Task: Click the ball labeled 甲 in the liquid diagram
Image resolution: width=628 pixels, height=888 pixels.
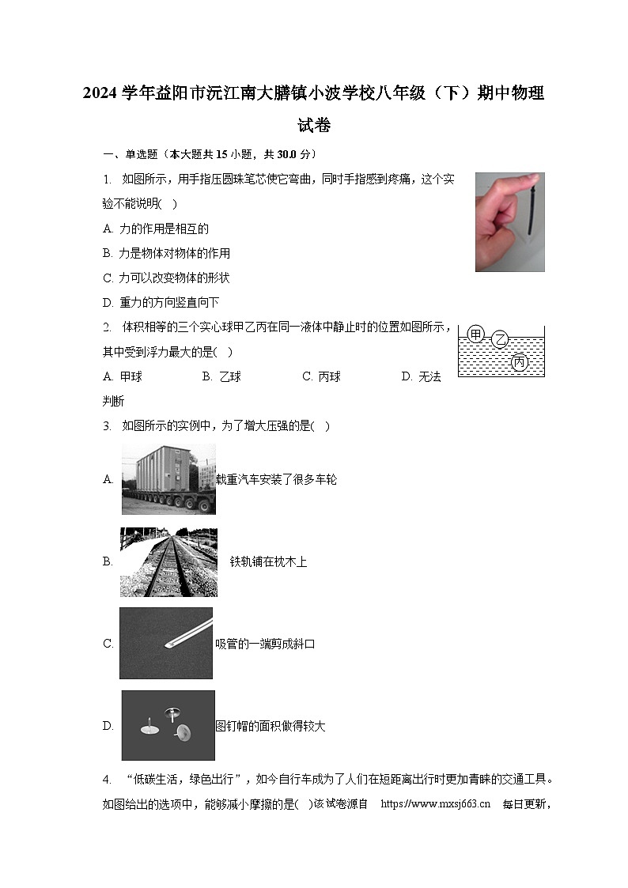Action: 475,334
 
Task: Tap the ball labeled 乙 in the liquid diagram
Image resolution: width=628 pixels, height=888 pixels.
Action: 500,341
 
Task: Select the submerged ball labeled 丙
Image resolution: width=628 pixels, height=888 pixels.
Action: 520,362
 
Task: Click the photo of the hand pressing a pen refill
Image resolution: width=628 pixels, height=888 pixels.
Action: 509,222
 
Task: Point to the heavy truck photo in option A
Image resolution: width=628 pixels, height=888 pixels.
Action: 168,479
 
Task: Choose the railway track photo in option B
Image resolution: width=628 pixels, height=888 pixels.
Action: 168,562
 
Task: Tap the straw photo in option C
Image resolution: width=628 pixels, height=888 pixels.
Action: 166,643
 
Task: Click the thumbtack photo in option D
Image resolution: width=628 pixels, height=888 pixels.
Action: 168,725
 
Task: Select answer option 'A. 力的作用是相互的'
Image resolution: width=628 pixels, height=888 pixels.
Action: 156,229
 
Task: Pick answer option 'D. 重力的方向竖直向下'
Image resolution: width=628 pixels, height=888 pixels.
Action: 161,302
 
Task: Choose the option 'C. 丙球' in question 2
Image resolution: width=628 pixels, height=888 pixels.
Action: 321,376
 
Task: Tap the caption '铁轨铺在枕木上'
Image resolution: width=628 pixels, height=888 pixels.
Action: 268,561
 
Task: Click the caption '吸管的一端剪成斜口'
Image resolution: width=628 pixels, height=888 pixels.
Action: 266,644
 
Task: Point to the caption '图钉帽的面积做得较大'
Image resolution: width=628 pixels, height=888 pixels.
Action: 270,726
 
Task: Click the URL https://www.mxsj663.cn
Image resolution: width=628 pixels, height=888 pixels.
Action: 436,804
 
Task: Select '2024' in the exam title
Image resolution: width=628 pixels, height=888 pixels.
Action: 100,93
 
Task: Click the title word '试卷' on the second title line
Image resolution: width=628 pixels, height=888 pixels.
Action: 314,125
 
